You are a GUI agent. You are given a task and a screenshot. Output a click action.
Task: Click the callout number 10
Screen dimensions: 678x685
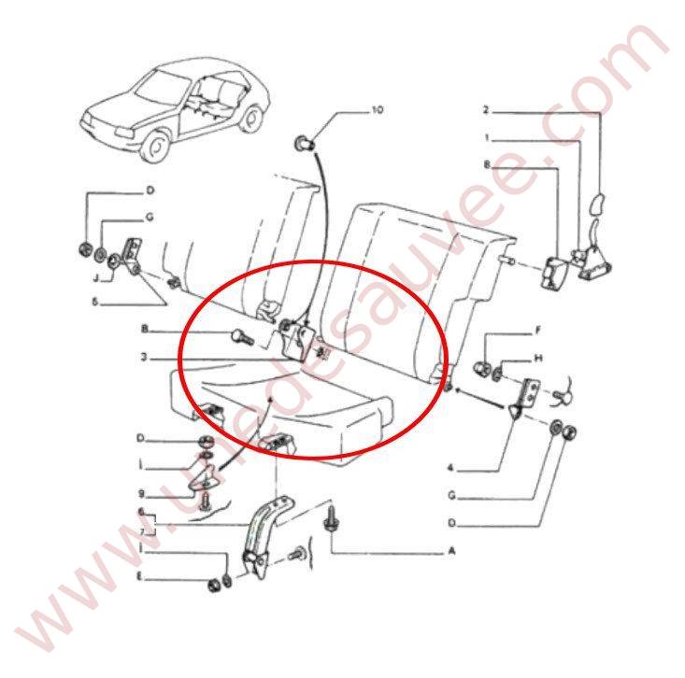tap(377, 110)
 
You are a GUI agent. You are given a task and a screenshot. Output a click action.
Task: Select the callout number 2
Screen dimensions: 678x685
tap(486, 110)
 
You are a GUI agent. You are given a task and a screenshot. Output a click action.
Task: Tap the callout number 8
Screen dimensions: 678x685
tap(486, 165)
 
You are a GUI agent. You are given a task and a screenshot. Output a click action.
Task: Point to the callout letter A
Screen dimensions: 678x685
tap(451, 552)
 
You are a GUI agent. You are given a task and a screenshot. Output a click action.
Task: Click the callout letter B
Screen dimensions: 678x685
tap(146, 330)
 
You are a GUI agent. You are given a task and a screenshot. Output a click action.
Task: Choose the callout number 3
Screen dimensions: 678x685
tap(146, 358)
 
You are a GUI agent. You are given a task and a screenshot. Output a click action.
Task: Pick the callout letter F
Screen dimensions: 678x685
tap(538, 331)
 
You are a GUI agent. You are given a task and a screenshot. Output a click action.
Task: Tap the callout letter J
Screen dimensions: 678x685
tap(97, 277)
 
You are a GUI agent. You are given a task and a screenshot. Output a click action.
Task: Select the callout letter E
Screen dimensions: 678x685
tap(141, 579)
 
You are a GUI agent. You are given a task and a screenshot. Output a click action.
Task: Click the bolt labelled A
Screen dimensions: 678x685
tap(330, 519)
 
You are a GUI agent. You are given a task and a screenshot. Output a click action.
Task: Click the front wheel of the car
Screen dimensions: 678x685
tap(158, 145)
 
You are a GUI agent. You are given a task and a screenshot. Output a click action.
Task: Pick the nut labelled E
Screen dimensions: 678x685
tap(213, 586)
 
